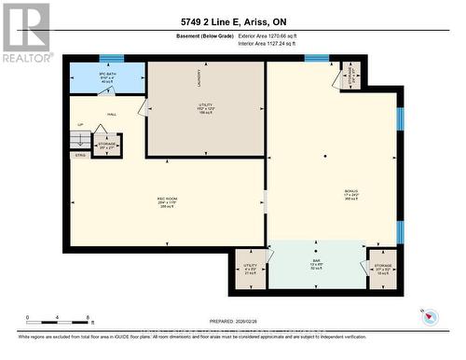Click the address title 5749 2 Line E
pos(232,22)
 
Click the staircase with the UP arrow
pos(81,139)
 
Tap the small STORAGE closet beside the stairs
pos(107,146)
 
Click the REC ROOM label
pos(168,201)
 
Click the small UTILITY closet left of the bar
pos(250,270)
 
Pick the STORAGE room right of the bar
pos(382,270)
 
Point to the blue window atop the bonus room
pos(317,59)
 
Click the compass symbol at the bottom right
pos(429,317)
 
